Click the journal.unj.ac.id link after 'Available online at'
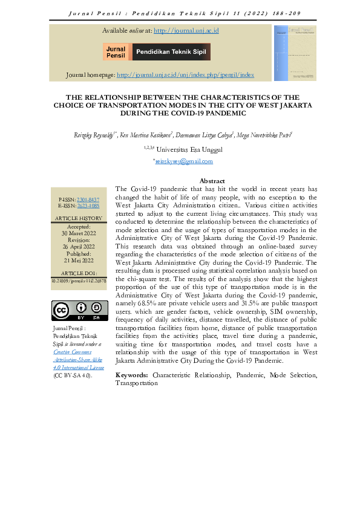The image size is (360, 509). [x=186, y=30]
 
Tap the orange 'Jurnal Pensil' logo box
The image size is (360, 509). [x=116, y=52]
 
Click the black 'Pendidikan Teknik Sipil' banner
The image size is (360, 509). [x=171, y=52]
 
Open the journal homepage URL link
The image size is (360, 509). [x=185, y=75]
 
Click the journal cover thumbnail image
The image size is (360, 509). [x=295, y=53]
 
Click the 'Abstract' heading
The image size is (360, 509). [x=212, y=181]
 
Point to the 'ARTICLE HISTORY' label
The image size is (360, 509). [x=80, y=218]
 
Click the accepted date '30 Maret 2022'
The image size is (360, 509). [x=80, y=233]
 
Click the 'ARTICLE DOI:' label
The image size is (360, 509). [x=80, y=273]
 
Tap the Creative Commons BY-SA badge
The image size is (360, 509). [x=80, y=310]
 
